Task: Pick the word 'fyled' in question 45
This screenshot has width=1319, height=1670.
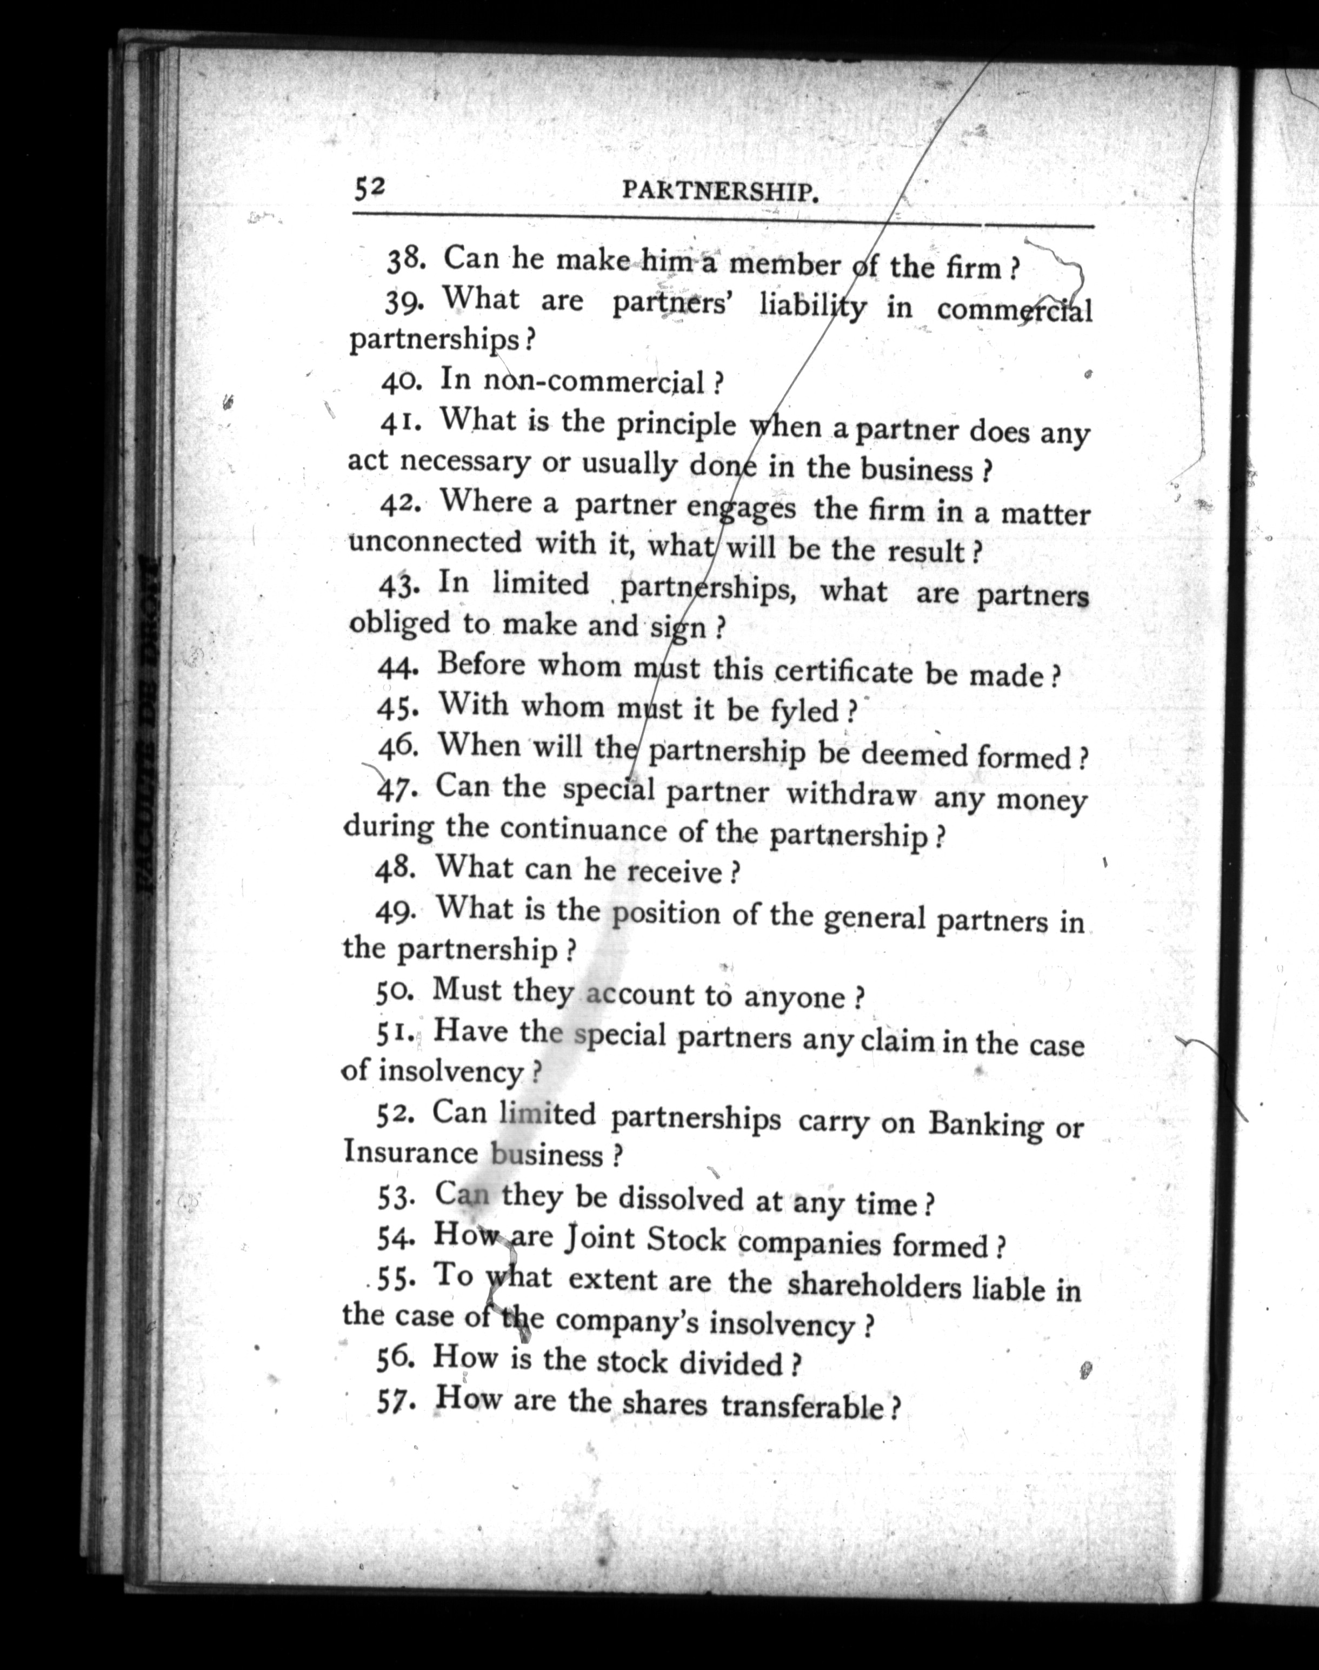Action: (804, 709)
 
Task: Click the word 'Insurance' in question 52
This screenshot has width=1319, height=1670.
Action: (410, 1152)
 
